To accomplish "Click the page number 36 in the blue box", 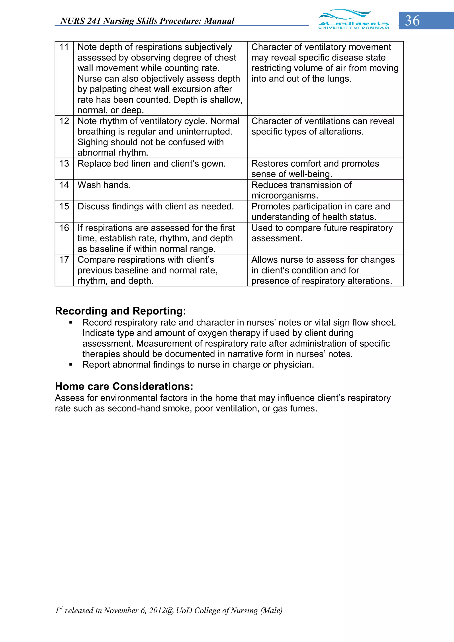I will pos(412,21).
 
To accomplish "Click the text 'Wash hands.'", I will pos(104,185).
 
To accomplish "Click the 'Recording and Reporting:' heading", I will pos(120,311).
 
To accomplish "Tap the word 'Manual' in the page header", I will pos(219,21).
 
